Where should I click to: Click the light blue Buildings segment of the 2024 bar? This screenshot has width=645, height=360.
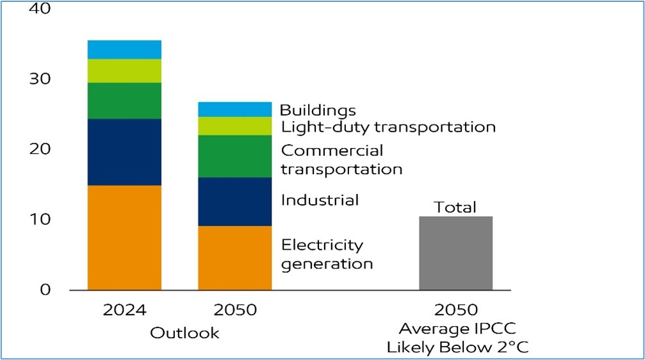click(x=124, y=49)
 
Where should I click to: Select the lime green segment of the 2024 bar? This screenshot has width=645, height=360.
click(x=124, y=70)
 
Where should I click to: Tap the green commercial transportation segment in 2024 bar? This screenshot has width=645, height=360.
click(x=124, y=101)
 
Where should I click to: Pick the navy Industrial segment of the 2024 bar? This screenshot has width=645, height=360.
click(x=124, y=152)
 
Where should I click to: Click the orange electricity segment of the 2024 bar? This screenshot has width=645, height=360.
click(x=124, y=237)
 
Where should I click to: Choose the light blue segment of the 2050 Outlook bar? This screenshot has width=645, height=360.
click(x=234, y=110)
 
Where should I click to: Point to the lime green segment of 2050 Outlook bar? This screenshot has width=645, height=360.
click(x=234, y=126)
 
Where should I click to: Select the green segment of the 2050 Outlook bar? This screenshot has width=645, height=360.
click(x=234, y=156)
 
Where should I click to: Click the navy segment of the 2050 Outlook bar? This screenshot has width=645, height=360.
click(x=234, y=201)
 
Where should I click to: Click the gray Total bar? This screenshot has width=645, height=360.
click(x=455, y=253)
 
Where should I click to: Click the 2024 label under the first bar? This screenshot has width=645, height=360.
click(x=124, y=310)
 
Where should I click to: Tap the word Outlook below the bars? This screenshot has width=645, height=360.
click(x=184, y=333)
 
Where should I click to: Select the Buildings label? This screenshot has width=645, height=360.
click(x=318, y=111)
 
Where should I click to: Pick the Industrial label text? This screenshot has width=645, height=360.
click(x=320, y=200)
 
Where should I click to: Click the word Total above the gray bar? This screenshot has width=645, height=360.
click(x=455, y=207)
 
